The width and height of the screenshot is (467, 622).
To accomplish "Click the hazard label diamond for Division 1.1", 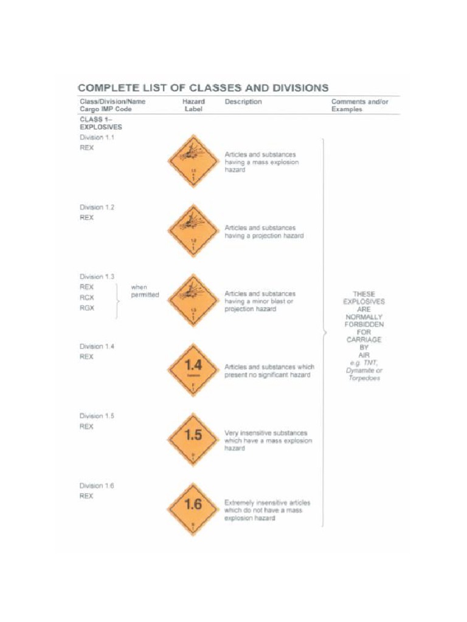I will (x=192, y=161).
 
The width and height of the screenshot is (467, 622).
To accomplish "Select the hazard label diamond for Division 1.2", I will (x=192, y=231).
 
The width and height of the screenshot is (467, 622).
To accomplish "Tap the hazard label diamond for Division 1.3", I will (x=192, y=301).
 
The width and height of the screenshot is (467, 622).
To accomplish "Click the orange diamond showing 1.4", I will (x=193, y=370).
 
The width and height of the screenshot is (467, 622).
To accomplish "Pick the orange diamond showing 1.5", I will (x=193, y=440).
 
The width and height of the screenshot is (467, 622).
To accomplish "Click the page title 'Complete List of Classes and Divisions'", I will (x=204, y=87).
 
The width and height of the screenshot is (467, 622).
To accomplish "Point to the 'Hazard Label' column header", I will (x=193, y=106).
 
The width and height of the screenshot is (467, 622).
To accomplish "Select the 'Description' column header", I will (x=243, y=102).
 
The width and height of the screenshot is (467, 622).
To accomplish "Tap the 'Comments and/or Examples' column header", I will (x=359, y=106).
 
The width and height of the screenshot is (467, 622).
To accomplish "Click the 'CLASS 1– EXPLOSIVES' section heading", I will (x=100, y=123).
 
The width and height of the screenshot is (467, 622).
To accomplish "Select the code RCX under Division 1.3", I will (x=87, y=297).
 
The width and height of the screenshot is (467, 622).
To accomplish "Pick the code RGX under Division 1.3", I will (x=87, y=308).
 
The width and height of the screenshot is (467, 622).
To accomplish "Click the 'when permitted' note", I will (x=144, y=291).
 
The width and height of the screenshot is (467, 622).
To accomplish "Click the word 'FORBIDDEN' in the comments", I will (x=364, y=324).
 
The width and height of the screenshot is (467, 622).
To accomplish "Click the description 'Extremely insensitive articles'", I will (x=268, y=503).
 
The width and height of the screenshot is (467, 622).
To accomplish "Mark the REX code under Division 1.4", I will (x=87, y=357).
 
